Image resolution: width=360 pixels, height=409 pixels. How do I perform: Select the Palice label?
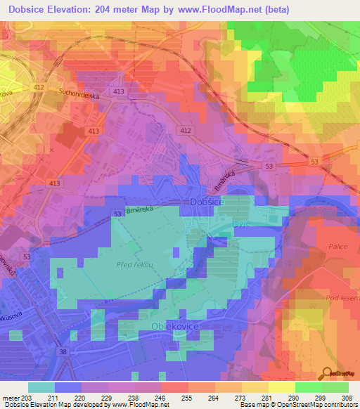coord(337,247)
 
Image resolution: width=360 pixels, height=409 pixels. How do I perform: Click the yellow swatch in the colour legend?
coord(281,387)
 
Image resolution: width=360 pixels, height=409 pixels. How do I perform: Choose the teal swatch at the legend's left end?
coord(41,387)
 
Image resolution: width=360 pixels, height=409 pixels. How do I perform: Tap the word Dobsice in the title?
coord(44,11)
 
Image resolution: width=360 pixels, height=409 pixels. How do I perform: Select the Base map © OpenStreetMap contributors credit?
coord(297,405)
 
